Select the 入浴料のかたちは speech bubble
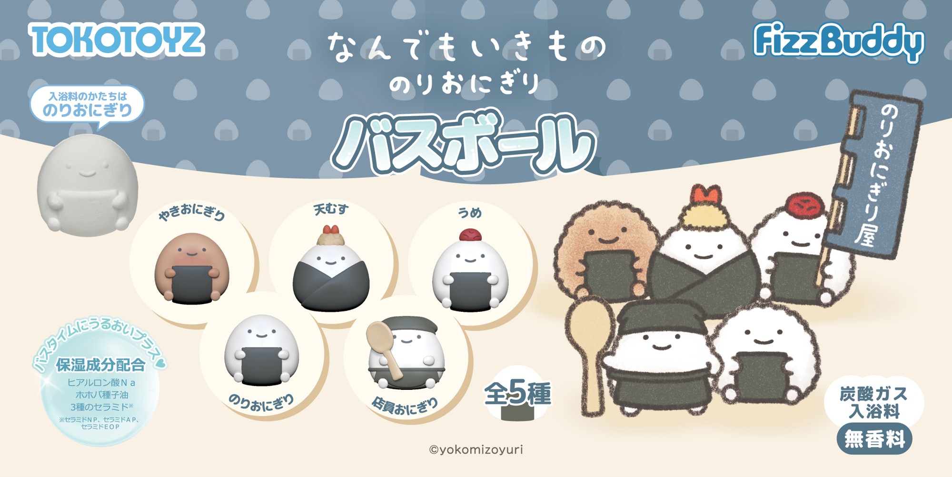tap(87, 104)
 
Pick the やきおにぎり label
tap(192, 212)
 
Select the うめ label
tap(470, 212)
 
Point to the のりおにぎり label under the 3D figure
tap(261, 403)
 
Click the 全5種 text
tap(517, 394)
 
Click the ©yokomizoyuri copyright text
tap(476, 449)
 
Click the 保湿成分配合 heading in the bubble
tap(100, 365)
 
